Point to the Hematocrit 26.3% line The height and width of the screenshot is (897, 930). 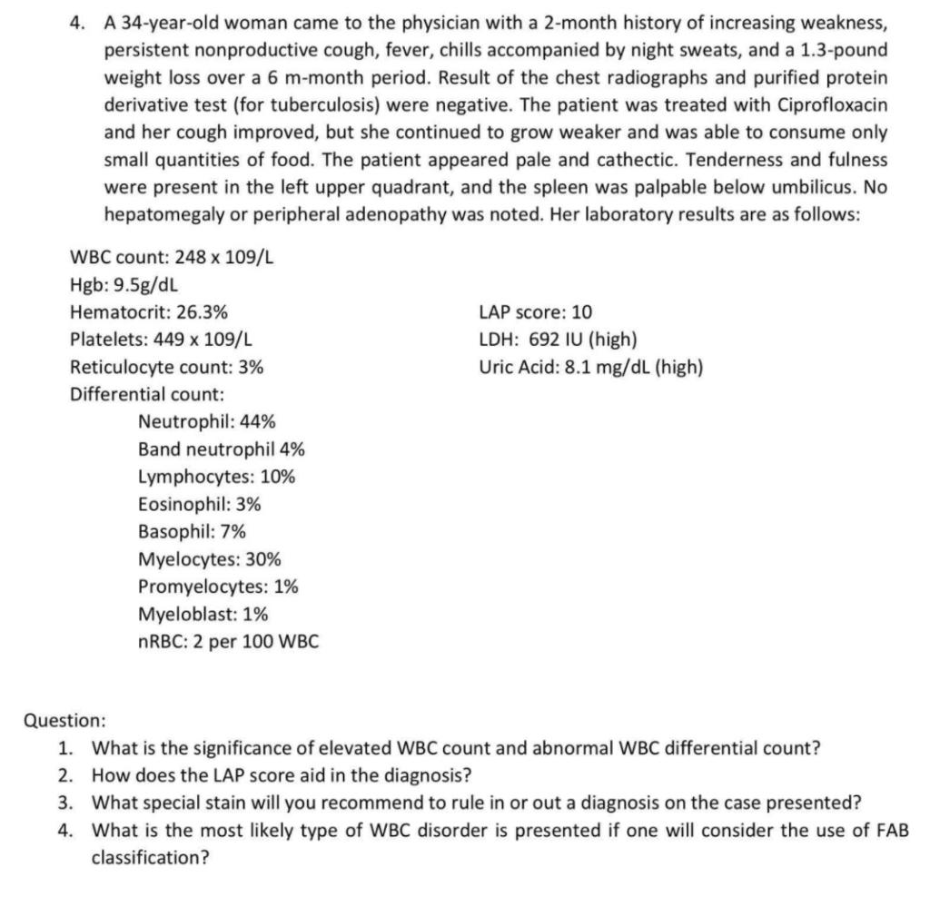[149, 313]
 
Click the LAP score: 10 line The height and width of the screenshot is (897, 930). [535, 313]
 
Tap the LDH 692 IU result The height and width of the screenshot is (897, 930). [558, 340]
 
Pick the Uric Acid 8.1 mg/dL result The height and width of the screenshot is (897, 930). [590, 368]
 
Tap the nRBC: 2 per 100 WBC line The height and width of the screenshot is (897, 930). [228, 642]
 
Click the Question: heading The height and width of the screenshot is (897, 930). [64, 721]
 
